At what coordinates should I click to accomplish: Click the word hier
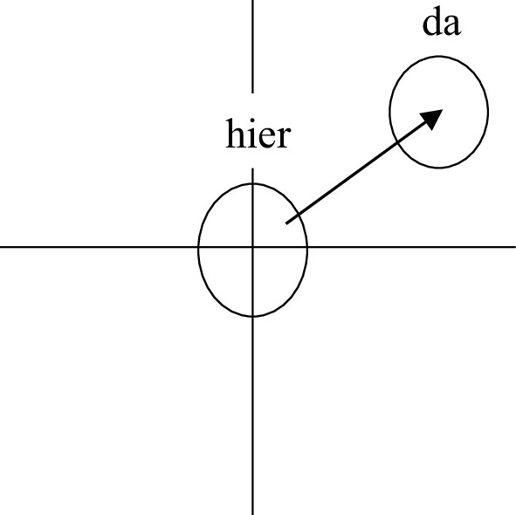pos(258,134)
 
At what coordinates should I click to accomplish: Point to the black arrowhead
pos(431,119)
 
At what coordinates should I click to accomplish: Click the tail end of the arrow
pos(286,223)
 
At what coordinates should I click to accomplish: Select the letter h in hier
pos(234,134)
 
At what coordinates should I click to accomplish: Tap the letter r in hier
pos(284,138)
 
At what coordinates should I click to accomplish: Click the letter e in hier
pos(266,138)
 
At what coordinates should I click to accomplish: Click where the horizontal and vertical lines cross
pos(252,246)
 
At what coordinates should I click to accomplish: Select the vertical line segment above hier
pos(252,46)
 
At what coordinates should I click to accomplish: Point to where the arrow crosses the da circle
pos(398,142)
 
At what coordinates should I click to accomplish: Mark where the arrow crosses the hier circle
pos(297,216)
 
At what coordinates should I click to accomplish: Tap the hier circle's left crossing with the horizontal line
pos(198,246)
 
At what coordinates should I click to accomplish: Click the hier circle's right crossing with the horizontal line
pos(307,246)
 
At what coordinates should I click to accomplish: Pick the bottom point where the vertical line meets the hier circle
pos(252,317)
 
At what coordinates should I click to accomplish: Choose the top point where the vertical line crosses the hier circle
pos(252,183)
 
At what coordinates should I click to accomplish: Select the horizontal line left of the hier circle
pos(99,246)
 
